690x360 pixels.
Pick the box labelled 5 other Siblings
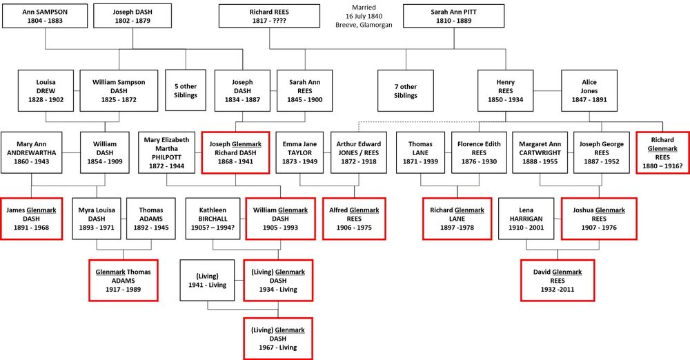186,90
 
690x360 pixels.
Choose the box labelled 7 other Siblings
405,90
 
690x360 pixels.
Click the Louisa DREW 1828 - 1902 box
46,90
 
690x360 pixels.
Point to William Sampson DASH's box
119,90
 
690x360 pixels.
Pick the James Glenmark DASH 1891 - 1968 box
32,218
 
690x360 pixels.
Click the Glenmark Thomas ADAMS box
123,280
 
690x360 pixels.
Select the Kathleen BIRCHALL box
211,218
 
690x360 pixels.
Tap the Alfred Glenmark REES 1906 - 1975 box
354,218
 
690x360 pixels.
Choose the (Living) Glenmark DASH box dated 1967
278,338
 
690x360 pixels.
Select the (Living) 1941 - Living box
208,280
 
